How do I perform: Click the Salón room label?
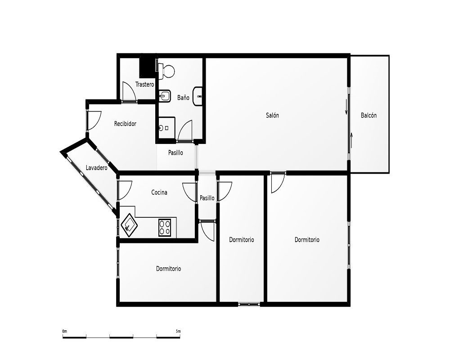click(x=272, y=115)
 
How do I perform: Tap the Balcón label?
click(x=369, y=115)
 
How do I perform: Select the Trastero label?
click(x=144, y=85)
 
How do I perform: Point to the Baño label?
click(x=183, y=98)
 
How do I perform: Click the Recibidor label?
click(x=125, y=124)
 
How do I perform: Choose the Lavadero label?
click(x=96, y=168)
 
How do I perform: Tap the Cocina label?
click(x=159, y=192)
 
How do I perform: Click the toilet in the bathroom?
click(x=166, y=71)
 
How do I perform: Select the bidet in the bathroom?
click(x=165, y=96)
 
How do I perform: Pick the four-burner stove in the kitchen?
click(x=165, y=228)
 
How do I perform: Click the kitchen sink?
click(x=129, y=225)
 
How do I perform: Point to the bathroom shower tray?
click(x=167, y=128)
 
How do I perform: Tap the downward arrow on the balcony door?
click(x=346, y=107)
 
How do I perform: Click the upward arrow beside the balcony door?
click(x=351, y=140)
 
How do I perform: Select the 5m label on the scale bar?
click(x=178, y=331)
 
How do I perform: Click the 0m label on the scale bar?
click(x=64, y=331)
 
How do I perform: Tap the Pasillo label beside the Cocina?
click(x=207, y=198)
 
